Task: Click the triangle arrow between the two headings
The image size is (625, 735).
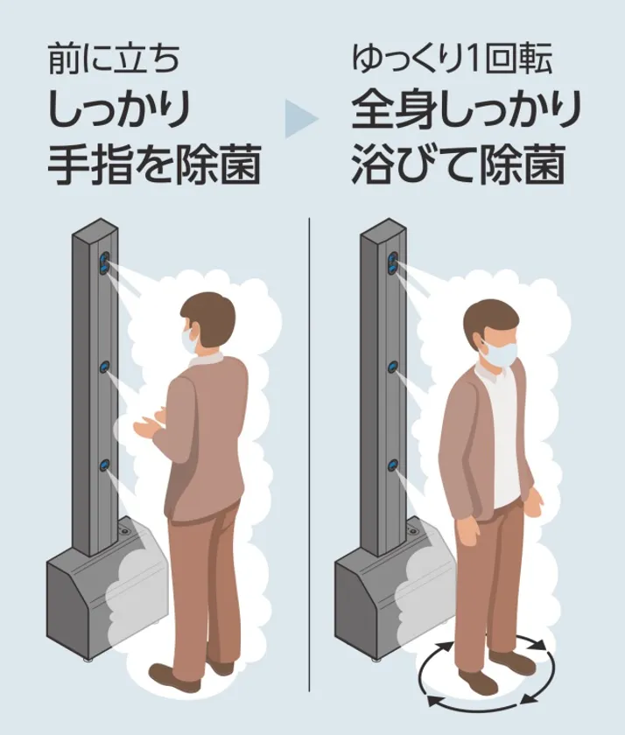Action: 300,119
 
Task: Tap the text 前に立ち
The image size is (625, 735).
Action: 114,59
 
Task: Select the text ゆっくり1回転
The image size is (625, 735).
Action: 453,59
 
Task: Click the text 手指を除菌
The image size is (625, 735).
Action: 154,165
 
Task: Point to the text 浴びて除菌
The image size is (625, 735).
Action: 458,165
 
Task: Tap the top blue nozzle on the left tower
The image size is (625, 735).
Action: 103,262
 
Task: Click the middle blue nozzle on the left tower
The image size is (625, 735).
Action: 104,366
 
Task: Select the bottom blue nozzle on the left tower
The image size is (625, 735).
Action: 104,465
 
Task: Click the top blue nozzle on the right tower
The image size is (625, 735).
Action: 392,262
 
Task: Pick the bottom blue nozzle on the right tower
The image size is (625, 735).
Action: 392,465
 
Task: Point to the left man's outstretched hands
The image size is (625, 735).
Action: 150,422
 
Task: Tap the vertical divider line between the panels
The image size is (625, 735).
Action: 310,455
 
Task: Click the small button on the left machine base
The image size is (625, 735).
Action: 124,531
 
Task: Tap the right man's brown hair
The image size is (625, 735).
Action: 490,318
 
